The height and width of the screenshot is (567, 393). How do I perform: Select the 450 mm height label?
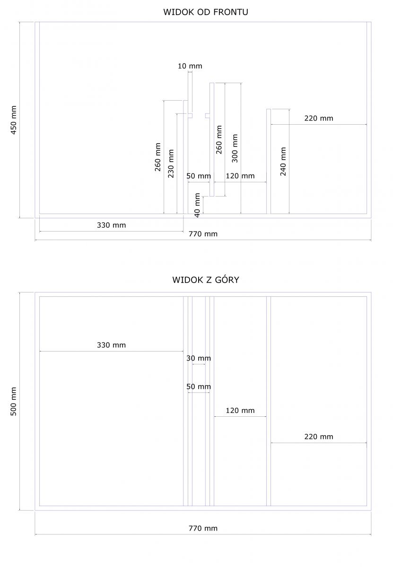(x=14, y=120)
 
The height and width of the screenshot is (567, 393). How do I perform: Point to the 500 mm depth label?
(x=14, y=401)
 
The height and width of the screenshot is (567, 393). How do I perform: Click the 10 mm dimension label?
(x=190, y=66)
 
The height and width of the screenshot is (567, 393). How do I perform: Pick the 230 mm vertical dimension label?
(x=171, y=163)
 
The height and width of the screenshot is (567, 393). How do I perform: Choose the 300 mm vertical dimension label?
(x=235, y=148)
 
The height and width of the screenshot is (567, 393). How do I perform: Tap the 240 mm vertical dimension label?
(x=283, y=162)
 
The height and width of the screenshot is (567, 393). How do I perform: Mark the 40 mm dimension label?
(x=197, y=205)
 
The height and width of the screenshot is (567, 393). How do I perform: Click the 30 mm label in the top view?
(x=199, y=358)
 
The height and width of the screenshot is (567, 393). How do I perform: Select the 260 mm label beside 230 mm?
(x=158, y=157)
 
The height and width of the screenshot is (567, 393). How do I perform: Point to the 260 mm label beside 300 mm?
(x=219, y=139)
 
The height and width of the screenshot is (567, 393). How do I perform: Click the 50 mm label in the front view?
(x=199, y=176)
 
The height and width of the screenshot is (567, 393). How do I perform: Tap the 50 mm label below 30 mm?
(x=199, y=387)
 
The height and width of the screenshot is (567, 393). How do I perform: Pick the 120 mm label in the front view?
(x=240, y=176)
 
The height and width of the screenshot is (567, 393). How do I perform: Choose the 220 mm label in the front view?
(x=319, y=118)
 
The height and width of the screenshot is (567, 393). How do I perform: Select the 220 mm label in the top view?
(x=319, y=437)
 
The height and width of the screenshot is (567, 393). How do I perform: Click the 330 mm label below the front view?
(x=112, y=225)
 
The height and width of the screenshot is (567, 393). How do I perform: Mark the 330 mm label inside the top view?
(x=112, y=345)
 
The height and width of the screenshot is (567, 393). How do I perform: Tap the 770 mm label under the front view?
(x=203, y=234)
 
